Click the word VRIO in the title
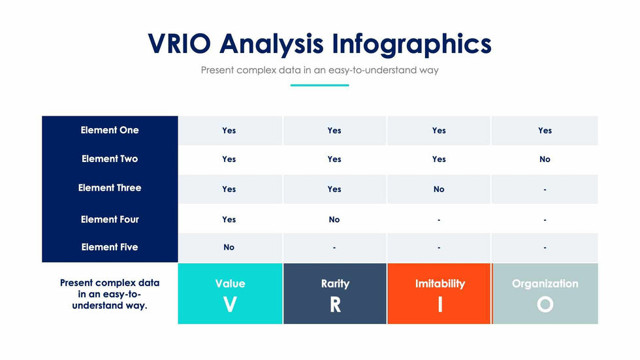179,43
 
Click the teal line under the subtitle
319,86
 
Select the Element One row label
110,130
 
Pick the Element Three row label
110,188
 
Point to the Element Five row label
110,247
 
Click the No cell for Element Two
545,159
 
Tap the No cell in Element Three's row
439,189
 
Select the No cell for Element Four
334,220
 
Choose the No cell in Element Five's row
229,248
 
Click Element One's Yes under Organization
545,131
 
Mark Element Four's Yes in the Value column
229,220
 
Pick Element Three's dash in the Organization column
545,189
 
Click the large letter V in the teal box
230,304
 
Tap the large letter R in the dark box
335,304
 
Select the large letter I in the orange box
440,304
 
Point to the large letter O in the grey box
545,304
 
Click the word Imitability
440,284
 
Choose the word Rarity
335,284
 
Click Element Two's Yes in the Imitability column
439,159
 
